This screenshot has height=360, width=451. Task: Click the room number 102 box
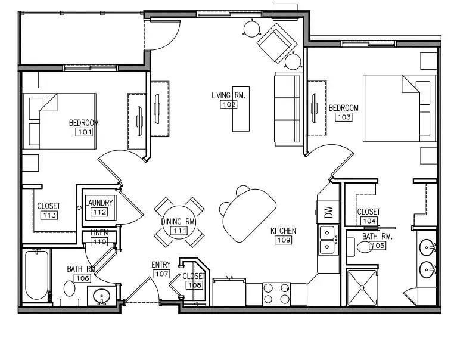point(229,104)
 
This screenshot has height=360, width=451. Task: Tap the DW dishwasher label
point(328,212)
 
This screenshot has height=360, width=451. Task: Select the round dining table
point(179,222)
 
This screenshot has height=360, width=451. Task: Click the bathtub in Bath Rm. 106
point(36,275)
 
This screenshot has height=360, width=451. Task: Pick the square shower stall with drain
point(362,287)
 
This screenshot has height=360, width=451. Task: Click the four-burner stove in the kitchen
point(276,294)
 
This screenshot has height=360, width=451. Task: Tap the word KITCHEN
point(283,231)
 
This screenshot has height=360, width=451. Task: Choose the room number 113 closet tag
point(49,215)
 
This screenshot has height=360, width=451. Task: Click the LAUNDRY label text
point(99,203)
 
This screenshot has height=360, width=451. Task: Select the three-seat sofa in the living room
point(288,109)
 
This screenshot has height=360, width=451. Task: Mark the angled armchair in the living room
point(276,43)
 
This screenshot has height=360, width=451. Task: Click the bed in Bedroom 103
point(400,108)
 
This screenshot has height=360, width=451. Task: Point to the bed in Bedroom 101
point(60,121)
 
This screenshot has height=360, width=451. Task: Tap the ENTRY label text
point(161,265)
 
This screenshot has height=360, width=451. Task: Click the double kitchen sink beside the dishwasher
point(328,240)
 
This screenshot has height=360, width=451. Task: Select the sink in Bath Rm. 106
point(101,296)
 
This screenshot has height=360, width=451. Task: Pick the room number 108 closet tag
point(195,285)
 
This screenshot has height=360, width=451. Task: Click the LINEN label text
point(99,233)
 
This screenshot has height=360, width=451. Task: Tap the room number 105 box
point(378,246)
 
